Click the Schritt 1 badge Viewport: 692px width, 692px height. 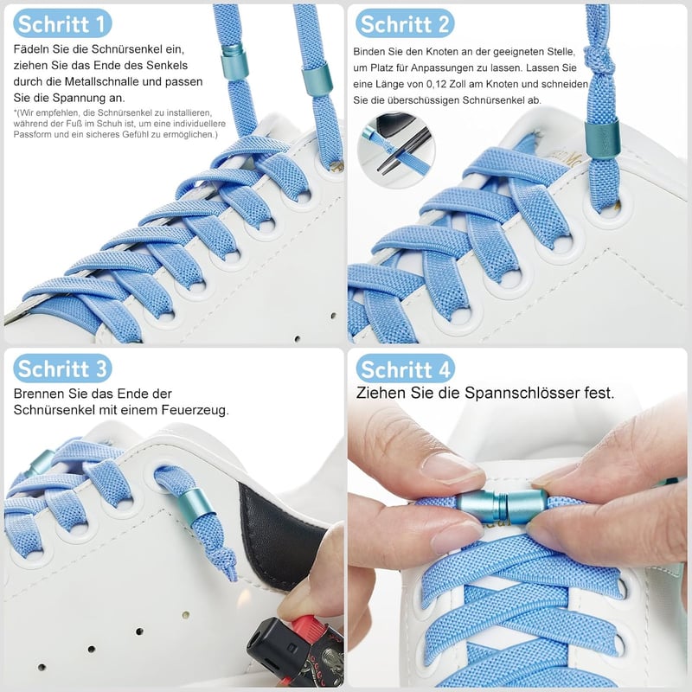(x=62, y=23)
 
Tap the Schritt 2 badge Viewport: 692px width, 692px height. (x=405, y=23)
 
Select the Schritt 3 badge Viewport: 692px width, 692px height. (x=62, y=368)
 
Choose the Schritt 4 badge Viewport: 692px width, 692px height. (x=405, y=368)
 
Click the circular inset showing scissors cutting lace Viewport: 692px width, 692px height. (x=396, y=150)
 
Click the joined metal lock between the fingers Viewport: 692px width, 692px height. (x=502, y=506)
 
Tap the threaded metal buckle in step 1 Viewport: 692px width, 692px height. (x=233, y=61)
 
